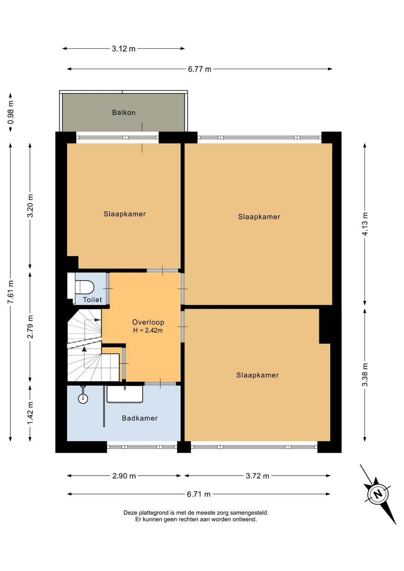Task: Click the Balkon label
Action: pyautogui.click(x=123, y=112)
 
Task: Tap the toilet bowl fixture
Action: pyautogui.click(x=85, y=287)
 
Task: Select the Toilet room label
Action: pyautogui.click(x=92, y=299)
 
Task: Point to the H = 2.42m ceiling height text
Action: pyautogui.click(x=148, y=331)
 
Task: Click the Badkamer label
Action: pyautogui.click(x=140, y=418)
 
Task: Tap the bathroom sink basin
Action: pyautogui.click(x=125, y=394)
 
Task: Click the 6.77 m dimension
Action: pyautogui.click(x=200, y=69)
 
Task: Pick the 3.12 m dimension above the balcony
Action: pyautogui.click(x=123, y=49)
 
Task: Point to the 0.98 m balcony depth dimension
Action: pyautogui.click(x=10, y=112)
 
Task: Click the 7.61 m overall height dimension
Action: pyautogui.click(x=10, y=292)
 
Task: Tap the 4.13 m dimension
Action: pyautogui.click(x=365, y=224)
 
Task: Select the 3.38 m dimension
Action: pyautogui.click(x=365, y=375)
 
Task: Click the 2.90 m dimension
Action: pyautogui.click(x=124, y=476)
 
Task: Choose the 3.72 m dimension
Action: pyautogui.click(x=257, y=476)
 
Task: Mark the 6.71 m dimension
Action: pyautogui.click(x=199, y=494)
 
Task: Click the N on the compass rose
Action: pyautogui.click(x=378, y=495)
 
